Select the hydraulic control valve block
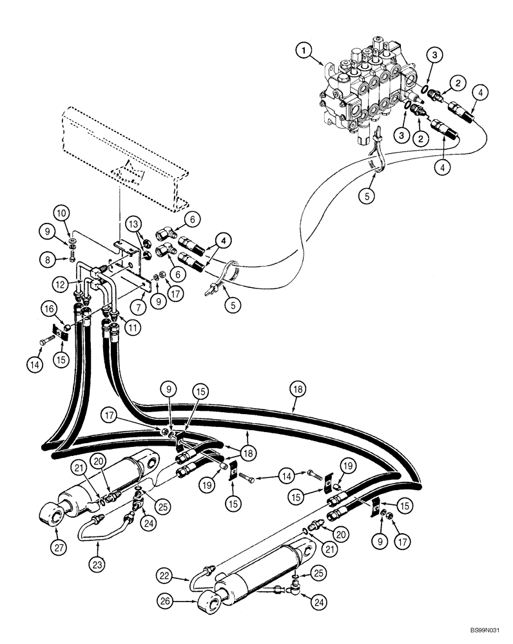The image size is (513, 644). click(x=361, y=90)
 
